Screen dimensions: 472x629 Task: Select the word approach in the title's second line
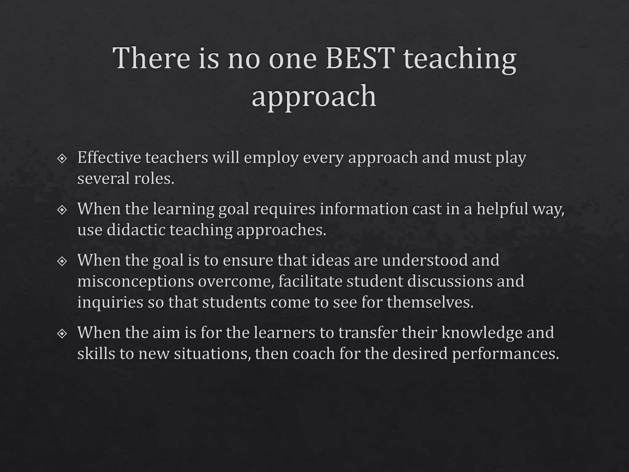[314, 96]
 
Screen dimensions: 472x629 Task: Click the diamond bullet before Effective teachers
[62, 159]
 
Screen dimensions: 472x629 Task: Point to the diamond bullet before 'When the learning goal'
[62, 210]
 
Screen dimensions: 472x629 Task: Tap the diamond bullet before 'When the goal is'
[62, 262]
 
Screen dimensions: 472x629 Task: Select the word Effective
[109, 157]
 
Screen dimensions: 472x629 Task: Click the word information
[364, 209]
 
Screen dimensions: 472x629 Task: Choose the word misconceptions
[135, 281]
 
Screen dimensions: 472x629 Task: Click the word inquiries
[110, 302]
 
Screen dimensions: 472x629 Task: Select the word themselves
[430, 302]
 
